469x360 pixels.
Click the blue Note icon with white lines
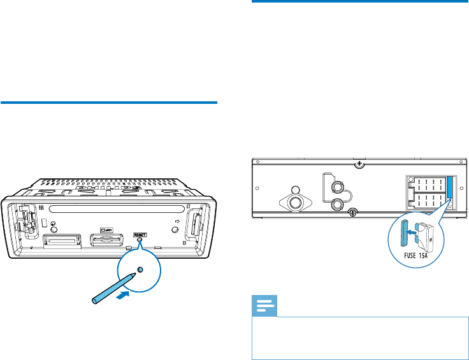(x=264, y=308)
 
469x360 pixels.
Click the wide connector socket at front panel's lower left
(x=62, y=241)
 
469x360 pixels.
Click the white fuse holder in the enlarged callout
(x=424, y=236)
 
